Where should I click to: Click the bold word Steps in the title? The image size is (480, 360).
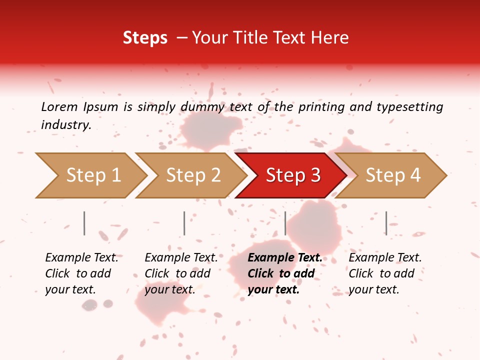pos(145,38)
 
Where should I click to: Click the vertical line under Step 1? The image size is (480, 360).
pos(84,223)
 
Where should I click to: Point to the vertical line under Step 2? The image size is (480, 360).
pos(184,223)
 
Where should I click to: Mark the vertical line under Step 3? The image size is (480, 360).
pos(285,223)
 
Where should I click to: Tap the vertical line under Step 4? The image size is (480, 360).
pos(386,223)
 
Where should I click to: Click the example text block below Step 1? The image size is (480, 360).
pos(81,273)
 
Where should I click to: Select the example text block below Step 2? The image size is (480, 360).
pos(181,273)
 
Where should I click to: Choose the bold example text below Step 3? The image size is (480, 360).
pos(285,273)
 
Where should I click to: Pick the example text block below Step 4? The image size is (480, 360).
pos(385,273)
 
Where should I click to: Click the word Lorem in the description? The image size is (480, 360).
pos(59,106)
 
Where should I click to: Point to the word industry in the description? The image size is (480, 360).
pos(65,124)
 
